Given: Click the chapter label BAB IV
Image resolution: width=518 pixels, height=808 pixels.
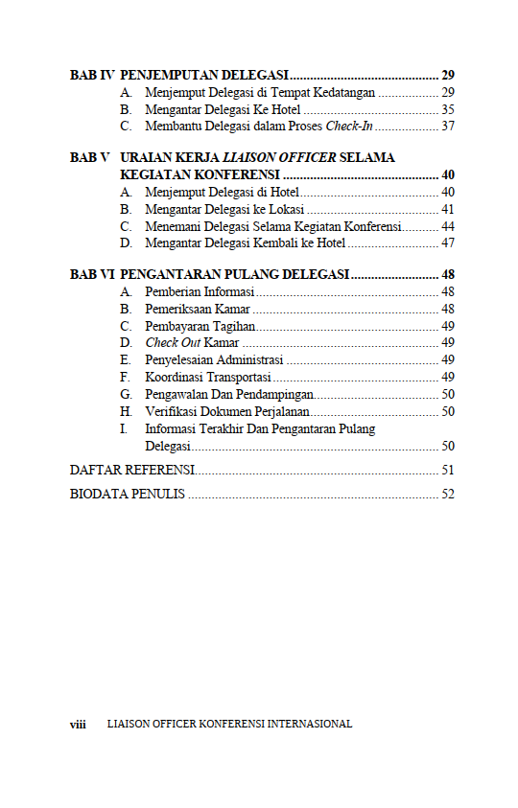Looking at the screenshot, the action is pyautogui.click(x=92, y=75).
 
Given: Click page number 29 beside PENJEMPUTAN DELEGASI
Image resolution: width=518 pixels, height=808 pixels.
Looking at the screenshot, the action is pyautogui.click(x=447, y=75).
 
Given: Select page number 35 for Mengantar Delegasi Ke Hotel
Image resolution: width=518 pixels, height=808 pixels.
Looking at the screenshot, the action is pyautogui.click(x=447, y=109).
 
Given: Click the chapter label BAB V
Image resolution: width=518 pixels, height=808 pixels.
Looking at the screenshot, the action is pyautogui.click(x=89, y=157).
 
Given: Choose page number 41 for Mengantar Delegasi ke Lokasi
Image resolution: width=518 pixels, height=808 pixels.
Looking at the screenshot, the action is pyautogui.click(x=447, y=209).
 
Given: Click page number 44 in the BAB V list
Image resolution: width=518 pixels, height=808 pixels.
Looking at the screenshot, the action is pyautogui.click(x=447, y=226).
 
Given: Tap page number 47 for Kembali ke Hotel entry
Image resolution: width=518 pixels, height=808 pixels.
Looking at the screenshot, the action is pyautogui.click(x=447, y=243).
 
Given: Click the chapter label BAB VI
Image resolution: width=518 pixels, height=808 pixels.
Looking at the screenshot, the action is pyautogui.click(x=92, y=274).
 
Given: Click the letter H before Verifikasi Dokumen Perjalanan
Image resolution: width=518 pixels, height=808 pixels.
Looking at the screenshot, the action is pyautogui.click(x=126, y=412).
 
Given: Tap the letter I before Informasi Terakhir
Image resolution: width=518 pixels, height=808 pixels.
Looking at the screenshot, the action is pyautogui.click(x=124, y=429).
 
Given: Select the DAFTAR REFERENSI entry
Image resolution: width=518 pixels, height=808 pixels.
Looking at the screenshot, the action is pyautogui.click(x=132, y=470).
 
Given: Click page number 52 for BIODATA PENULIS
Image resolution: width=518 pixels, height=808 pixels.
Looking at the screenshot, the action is pyautogui.click(x=447, y=495).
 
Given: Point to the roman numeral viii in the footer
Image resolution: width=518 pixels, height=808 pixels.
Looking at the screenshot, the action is pyautogui.click(x=79, y=725).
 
